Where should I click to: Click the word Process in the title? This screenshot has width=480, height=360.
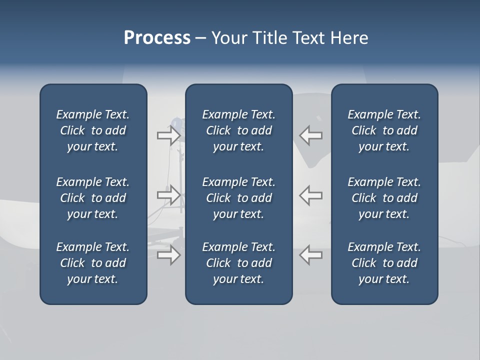[157, 38]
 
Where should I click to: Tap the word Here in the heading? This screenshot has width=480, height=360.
[349, 38]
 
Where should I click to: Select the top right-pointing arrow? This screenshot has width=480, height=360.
[169, 135]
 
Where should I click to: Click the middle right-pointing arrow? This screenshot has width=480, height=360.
[169, 195]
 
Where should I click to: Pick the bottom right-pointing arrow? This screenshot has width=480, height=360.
[169, 255]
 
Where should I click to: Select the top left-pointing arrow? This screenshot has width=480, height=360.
[310, 135]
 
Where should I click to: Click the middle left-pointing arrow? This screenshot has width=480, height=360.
[310, 195]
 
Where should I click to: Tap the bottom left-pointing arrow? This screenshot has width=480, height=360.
[310, 255]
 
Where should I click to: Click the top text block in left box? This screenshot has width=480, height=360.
[93, 130]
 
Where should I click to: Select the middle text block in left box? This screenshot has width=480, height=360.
[93, 198]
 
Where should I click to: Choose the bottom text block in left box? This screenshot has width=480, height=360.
[93, 263]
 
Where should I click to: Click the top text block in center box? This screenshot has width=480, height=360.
[238, 130]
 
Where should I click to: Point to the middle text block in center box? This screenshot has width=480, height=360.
[238, 198]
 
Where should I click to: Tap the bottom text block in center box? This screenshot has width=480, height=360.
[238, 263]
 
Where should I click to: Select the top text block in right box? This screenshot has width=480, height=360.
[384, 130]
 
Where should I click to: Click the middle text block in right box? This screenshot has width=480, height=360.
[384, 198]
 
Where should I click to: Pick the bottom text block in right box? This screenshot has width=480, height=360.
[384, 263]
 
